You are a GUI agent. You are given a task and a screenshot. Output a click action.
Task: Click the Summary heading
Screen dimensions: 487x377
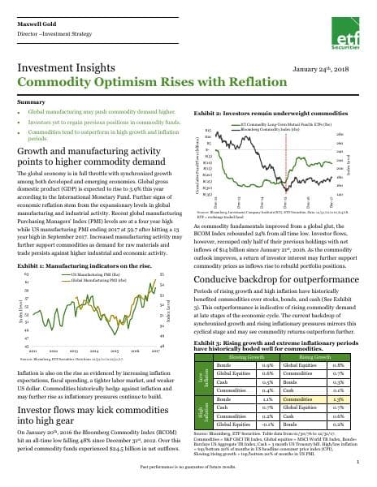(31, 101)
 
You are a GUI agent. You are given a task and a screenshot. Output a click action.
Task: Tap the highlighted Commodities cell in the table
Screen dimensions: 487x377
(301, 399)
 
